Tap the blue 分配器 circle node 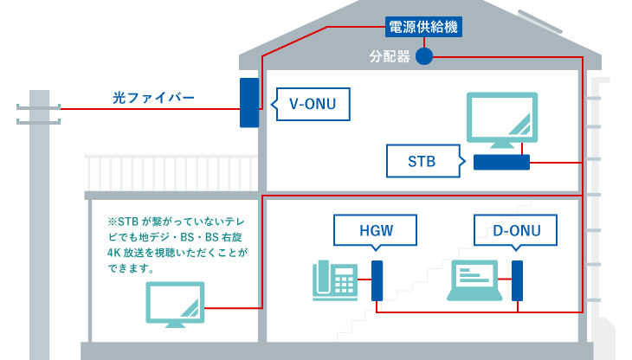click(423, 57)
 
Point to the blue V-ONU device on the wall click(248, 104)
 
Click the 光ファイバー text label click(153, 98)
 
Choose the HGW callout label click(376, 231)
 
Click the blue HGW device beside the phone click(377, 280)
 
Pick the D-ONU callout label click(515, 231)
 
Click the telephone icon click(335, 280)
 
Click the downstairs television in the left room click(175, 303)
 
